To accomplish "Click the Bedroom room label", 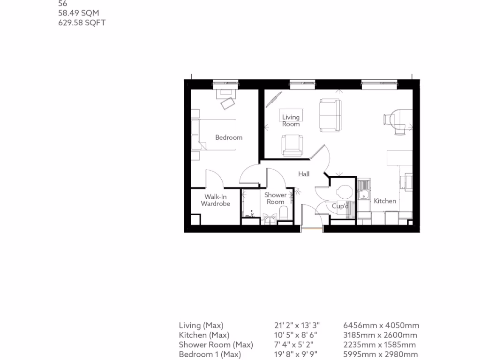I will coord(229,137).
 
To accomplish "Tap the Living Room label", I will coord(291,120).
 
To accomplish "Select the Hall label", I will coord(304,174).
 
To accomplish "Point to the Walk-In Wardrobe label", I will coord(215,200).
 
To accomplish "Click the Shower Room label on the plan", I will coord(275,198).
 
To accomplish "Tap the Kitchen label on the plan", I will coord(385,201).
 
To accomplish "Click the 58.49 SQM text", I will coord(78,13).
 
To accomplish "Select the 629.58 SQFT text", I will coord(82,22).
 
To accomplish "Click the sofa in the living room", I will coord(330,114).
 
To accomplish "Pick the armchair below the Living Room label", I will coord(292,145).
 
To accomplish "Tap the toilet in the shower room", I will coord(282,214).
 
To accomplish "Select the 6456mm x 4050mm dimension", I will coord(381,325).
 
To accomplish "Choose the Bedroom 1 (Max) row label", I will coord(210,354).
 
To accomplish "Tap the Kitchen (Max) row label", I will coord(204,335).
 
